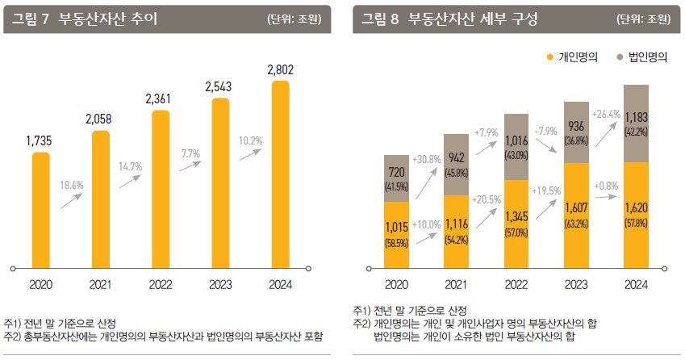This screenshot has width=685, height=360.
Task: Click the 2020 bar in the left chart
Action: click(40, 208)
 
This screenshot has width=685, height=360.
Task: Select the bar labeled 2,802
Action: click(280, 174)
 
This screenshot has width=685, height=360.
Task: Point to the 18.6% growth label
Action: click(72, 185)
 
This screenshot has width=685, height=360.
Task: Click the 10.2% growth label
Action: click(250, 140)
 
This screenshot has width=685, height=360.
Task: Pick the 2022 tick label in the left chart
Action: click(159, 284)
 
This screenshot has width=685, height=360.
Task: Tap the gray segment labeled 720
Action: click(396, 178)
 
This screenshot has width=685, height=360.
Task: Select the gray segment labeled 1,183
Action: click(636, 123)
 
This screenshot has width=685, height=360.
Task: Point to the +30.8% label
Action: click(426, 160)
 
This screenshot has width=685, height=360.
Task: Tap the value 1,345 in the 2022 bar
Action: click(516, 217)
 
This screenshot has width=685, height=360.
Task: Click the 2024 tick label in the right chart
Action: click(636, 284)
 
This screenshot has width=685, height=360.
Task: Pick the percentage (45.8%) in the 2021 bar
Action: click(457, 172)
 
